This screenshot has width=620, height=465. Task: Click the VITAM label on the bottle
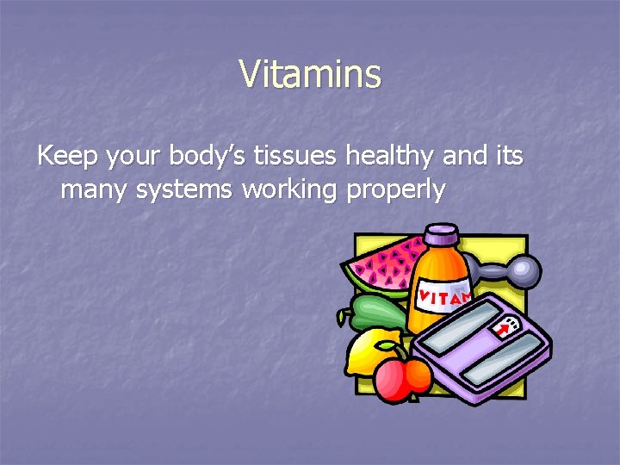[x=443, y=298]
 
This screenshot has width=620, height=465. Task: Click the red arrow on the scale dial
[x=501, y=330]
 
